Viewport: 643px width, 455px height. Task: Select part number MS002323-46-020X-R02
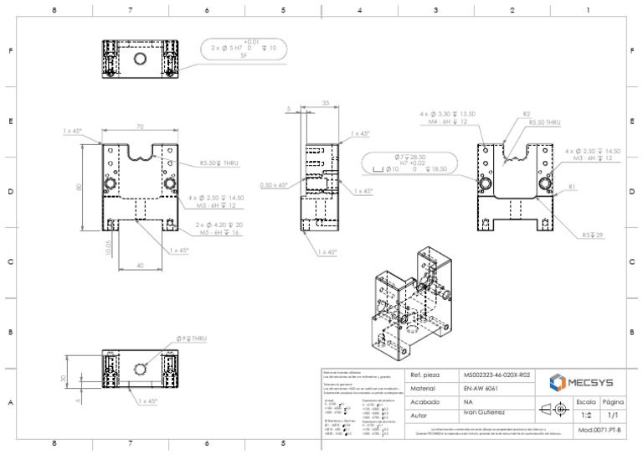tap(496, 375)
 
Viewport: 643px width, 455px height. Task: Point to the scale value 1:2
tap(586, 415)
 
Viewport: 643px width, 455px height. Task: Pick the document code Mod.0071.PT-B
tap(599, 430)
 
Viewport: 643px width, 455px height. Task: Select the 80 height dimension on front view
tap(80, 186)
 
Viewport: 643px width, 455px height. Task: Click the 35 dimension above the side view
tap(325, 103)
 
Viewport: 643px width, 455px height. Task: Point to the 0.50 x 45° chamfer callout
tap(273, 184)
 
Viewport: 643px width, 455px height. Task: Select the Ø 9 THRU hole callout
tap(191, 338)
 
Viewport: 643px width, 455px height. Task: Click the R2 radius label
tap(526, 113)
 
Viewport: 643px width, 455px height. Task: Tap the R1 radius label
tap(572, 186)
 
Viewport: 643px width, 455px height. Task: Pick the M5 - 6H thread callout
tap(219, 233)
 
